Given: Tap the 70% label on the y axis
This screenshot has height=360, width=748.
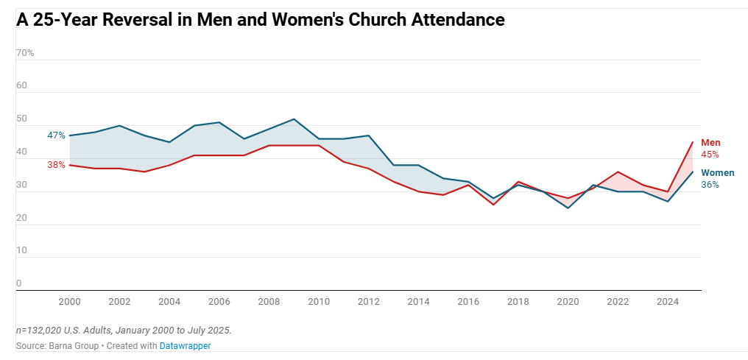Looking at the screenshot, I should (25, 53).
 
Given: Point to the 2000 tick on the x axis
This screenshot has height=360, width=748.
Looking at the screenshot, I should (69, 301).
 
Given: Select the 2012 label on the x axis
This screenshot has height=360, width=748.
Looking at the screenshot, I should (369, 301).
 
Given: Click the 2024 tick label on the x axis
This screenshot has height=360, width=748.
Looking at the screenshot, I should (668, 301).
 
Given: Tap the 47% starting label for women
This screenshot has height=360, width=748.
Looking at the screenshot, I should (57, 135).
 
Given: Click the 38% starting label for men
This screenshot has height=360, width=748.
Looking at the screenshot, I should (57, 165).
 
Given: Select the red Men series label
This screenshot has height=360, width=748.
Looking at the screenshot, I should (710, 143).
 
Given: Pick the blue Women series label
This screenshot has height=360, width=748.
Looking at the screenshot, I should (717, 173).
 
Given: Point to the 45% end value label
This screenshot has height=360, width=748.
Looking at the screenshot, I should (710, 155).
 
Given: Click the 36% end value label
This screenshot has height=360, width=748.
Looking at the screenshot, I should (710, 185).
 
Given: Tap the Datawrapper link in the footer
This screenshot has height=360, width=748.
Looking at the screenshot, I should (185, 345).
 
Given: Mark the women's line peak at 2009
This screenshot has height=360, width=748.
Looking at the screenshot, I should (294, 119).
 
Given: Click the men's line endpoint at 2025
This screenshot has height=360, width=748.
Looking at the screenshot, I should (693, 142).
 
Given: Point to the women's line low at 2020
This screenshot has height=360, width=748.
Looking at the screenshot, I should (568, 208).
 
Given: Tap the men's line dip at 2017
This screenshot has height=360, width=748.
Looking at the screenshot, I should (493, 205).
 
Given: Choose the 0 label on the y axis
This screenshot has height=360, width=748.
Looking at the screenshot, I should (19, 283).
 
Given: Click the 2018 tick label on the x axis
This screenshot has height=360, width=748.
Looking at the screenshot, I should (518, 301).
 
